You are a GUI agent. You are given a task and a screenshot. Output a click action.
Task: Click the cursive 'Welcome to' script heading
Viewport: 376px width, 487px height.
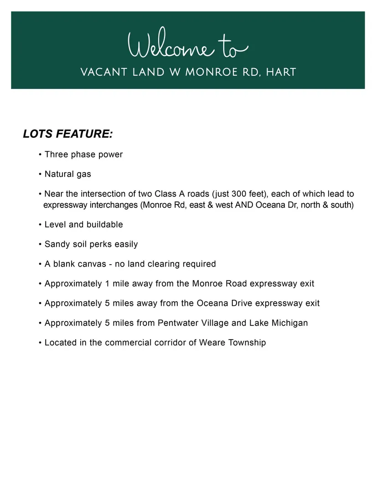point(188,46)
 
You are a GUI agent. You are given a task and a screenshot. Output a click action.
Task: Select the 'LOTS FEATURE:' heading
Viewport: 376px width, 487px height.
point(68,134)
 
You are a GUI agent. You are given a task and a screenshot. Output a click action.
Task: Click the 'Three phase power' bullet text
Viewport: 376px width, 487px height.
point(83,154)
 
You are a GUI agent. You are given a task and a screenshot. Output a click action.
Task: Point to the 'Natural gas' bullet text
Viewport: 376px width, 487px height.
point(68,174)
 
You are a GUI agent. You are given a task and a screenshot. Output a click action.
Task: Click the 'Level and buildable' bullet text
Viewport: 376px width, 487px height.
point(83,225)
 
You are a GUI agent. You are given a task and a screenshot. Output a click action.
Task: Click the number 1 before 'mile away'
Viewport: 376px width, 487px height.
point(107,283)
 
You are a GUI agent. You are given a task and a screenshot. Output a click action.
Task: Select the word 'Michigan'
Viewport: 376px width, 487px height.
point(289,323)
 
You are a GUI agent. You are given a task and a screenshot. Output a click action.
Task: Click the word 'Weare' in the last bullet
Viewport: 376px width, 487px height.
point(211,342)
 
